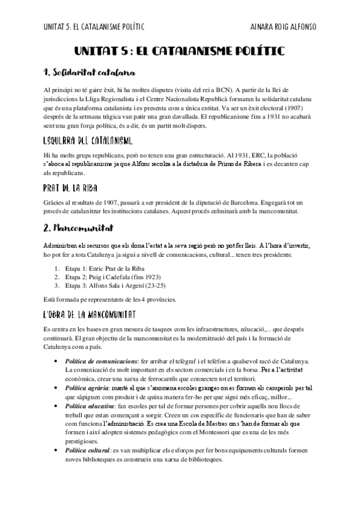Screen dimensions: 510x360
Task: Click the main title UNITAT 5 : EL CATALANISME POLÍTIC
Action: coord(179,52)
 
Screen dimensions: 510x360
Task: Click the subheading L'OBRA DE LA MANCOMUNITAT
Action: coord(90,315)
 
